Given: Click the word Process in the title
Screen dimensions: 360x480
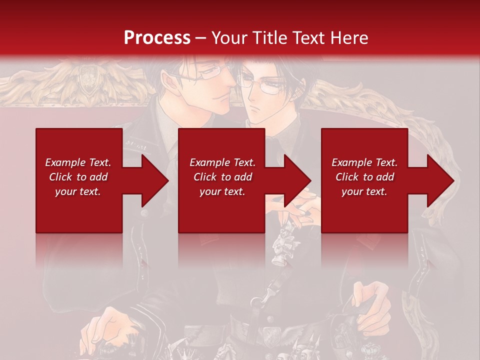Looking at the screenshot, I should click(157, 38).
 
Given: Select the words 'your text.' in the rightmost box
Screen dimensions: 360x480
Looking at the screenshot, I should click(364, 191).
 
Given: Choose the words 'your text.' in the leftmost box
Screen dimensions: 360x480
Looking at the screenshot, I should click(77, 191).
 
